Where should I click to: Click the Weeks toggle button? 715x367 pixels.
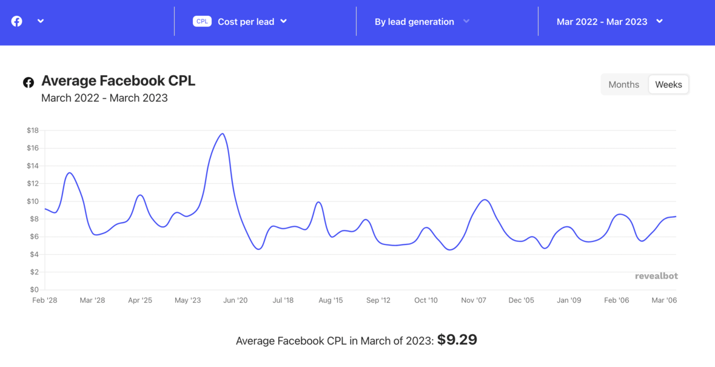point(668,84)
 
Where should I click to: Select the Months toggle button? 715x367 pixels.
point(623,84)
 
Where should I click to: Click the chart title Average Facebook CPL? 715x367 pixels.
point(118,81)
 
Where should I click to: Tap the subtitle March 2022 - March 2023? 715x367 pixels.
point(104,98)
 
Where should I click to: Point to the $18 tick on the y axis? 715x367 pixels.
point(33,130)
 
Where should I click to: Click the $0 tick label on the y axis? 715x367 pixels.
point(34,289)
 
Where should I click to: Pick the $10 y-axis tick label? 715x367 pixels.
point(33,201)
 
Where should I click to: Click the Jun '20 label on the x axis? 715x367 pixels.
point(235,300)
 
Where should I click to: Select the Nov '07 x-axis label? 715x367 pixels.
point(474,300)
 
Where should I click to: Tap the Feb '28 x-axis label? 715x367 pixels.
point(45,300)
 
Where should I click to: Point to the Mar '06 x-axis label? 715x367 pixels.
point(664,300)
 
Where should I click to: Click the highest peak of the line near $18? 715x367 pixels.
point(223,133)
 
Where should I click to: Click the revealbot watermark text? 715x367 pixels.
point(656,276)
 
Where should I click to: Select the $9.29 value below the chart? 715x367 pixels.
point(457,340)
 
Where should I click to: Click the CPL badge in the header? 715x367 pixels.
point(202,21)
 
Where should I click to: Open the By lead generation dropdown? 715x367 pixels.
point(421,21)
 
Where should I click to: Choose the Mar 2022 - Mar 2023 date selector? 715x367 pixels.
point(609,21)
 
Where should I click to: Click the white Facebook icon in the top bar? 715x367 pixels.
point(17,21)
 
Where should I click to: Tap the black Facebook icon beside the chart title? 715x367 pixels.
point(29,82)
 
